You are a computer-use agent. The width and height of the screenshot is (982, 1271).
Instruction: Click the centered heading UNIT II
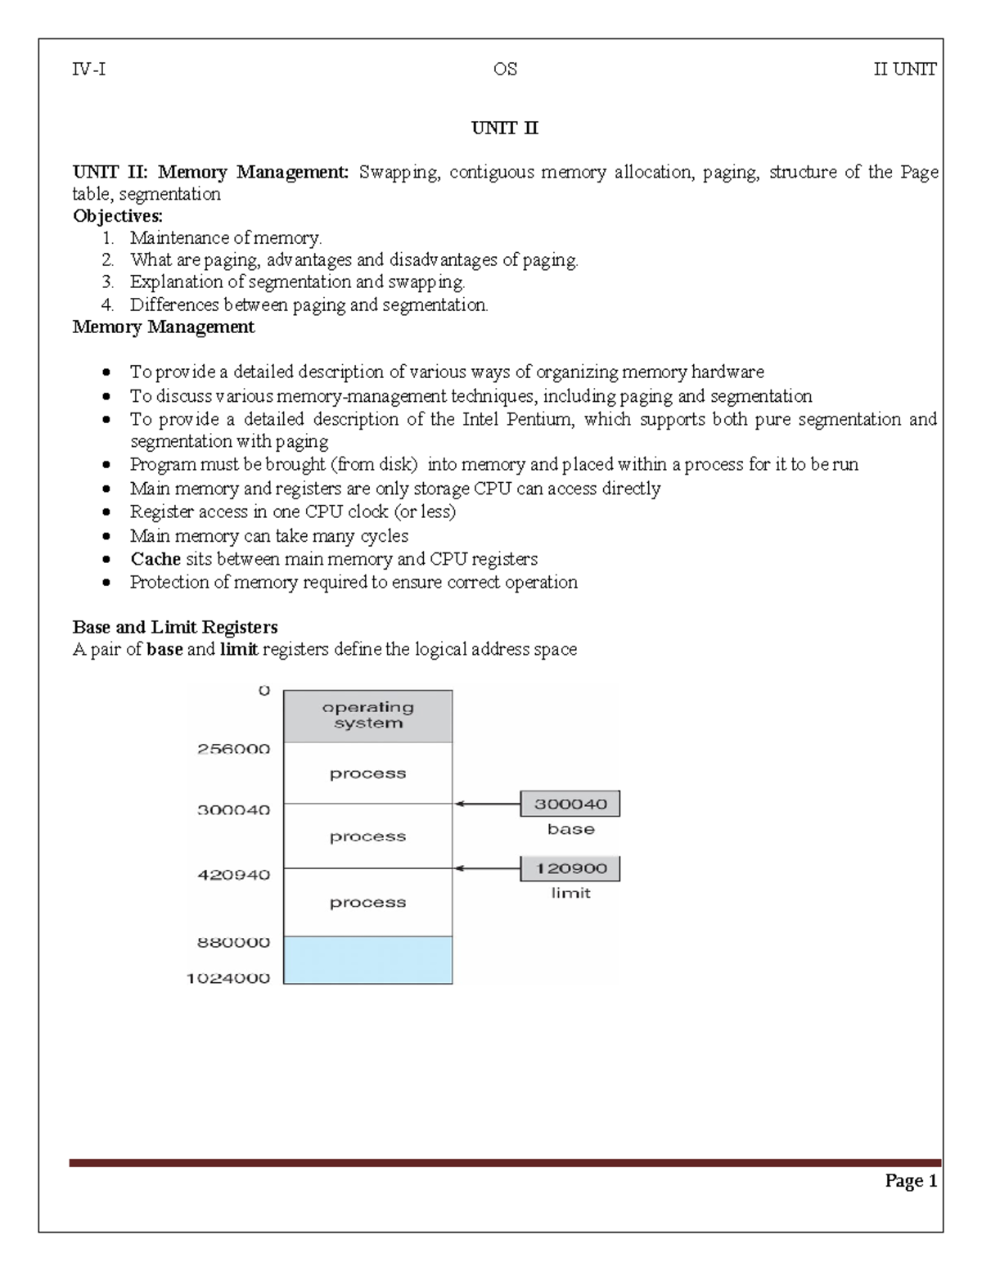point(504,128)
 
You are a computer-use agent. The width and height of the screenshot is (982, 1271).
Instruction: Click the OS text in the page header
point(505,70)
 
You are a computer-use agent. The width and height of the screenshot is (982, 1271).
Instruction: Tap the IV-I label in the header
point(88,70)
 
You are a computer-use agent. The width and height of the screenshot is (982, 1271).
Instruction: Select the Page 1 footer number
point(910,1180)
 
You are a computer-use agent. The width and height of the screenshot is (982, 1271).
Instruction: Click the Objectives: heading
point(118,216)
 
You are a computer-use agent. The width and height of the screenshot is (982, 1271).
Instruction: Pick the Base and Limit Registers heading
point(175,627)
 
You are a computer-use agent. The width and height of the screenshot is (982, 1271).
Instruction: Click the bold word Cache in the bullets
point(155,559)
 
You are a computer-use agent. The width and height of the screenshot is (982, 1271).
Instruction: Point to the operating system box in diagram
point(367,715)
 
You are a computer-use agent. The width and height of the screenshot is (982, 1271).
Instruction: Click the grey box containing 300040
point(570,804)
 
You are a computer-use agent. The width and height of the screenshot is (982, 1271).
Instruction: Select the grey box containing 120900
point(570,868)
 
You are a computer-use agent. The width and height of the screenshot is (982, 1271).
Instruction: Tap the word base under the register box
point(570,829)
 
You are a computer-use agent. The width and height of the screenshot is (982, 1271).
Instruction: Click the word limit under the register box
point(570,893)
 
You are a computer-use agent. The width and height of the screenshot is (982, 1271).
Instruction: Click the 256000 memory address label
point(233,749)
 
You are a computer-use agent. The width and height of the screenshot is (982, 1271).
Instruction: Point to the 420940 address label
point(233,875)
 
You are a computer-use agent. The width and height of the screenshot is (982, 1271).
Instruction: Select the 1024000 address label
point(228,978)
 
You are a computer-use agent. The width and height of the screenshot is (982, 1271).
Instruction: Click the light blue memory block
point(367,960)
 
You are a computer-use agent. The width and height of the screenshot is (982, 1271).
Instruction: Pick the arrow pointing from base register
point(487,804)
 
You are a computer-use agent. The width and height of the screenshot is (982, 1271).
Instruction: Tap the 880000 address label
point(233,942)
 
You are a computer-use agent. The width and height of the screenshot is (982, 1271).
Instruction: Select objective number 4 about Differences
point(308,305)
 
